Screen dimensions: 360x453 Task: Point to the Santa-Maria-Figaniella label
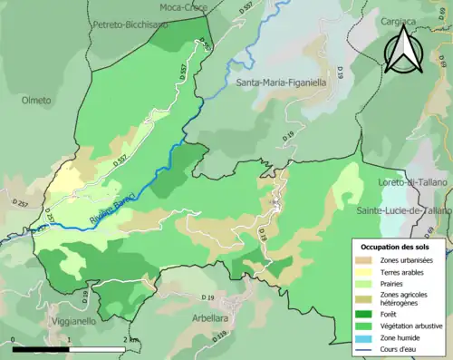point(282,82)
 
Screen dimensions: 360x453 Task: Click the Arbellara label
point(209,317)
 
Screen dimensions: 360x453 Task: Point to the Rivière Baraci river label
point(113,209)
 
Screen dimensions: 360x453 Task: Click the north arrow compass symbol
point(402,50)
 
